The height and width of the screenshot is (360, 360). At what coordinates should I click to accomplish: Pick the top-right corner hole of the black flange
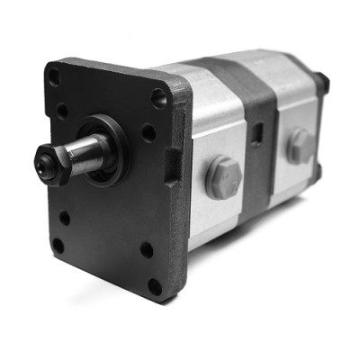[x=159, y=98]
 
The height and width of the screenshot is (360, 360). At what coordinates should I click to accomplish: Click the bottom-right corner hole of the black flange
[x=155, y=286]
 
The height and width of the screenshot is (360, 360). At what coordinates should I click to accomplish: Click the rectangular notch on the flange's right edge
[x=173, y=163]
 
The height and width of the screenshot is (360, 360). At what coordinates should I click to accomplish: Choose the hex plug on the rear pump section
[x=300, y=145]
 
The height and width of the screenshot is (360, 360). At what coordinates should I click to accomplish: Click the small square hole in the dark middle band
[x=258, y=133]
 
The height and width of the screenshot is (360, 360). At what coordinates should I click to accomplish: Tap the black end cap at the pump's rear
[x=321, y=85]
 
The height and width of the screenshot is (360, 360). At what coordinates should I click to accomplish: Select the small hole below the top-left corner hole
[x=62, y=112]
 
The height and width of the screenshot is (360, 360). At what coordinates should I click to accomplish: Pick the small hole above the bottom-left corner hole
[x=64, y=217]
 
